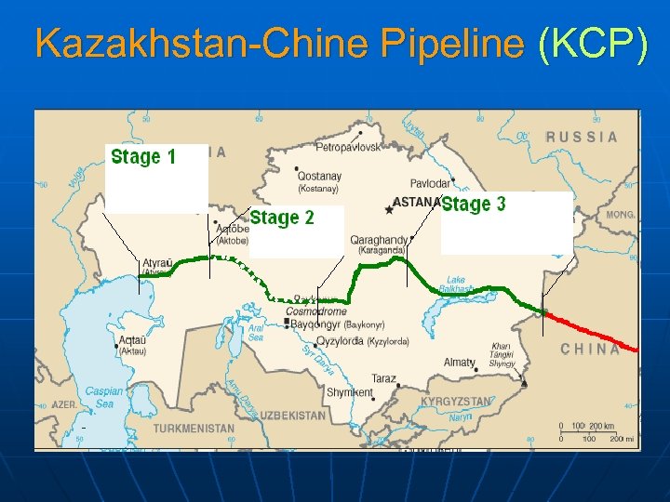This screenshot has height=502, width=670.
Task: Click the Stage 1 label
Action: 143,157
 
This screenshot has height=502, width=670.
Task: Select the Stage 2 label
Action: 282,218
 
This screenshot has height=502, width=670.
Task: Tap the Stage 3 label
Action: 474,205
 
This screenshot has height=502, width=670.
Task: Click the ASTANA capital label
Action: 416,202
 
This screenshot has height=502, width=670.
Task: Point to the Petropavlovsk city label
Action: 348,148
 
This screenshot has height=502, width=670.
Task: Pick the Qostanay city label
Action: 319,176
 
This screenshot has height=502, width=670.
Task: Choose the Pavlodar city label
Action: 430,184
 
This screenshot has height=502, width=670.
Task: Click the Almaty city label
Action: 460,363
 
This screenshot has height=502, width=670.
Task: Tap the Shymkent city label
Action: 350,392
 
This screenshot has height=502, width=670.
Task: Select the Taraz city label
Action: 383,379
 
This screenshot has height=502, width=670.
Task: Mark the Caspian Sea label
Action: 103,398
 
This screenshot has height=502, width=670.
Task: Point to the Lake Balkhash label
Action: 456,284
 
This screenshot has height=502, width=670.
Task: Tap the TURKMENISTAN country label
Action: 194,429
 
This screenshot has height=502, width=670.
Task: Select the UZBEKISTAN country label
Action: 292,415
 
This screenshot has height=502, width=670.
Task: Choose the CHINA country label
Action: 590,350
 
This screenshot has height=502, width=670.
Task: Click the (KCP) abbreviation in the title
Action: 592,44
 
